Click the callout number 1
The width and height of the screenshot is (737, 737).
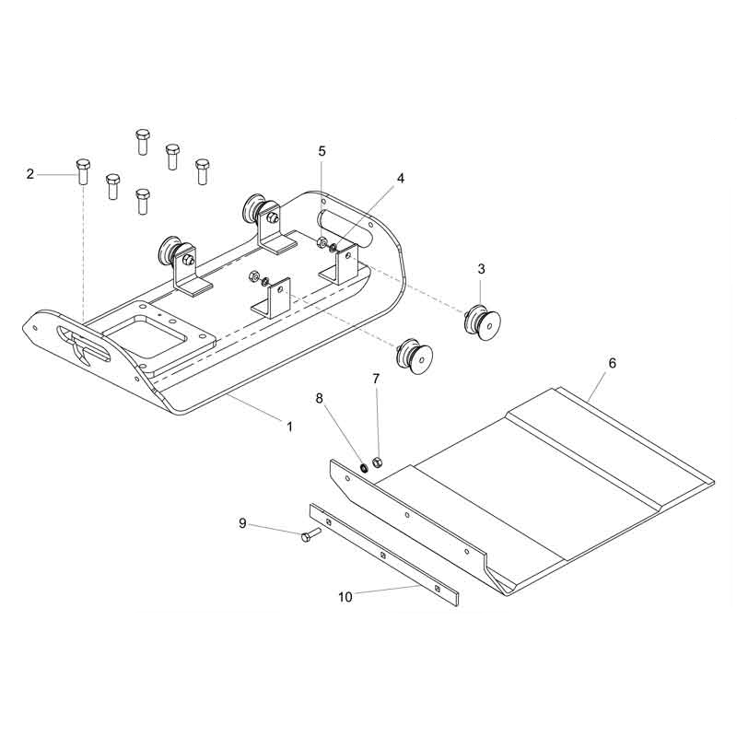[290, 427]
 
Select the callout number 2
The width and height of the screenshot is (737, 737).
[30, 174]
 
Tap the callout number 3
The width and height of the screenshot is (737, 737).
[481, 269]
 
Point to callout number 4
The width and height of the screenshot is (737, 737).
[401, 178]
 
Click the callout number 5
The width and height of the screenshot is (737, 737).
[322, 151]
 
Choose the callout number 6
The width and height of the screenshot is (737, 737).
[612, 363]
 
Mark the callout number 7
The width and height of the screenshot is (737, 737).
[376, 379]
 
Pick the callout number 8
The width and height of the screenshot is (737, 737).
[320, 399]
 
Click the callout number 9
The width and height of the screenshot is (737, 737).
[242, 523]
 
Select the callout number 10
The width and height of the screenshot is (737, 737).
[345, 597]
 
